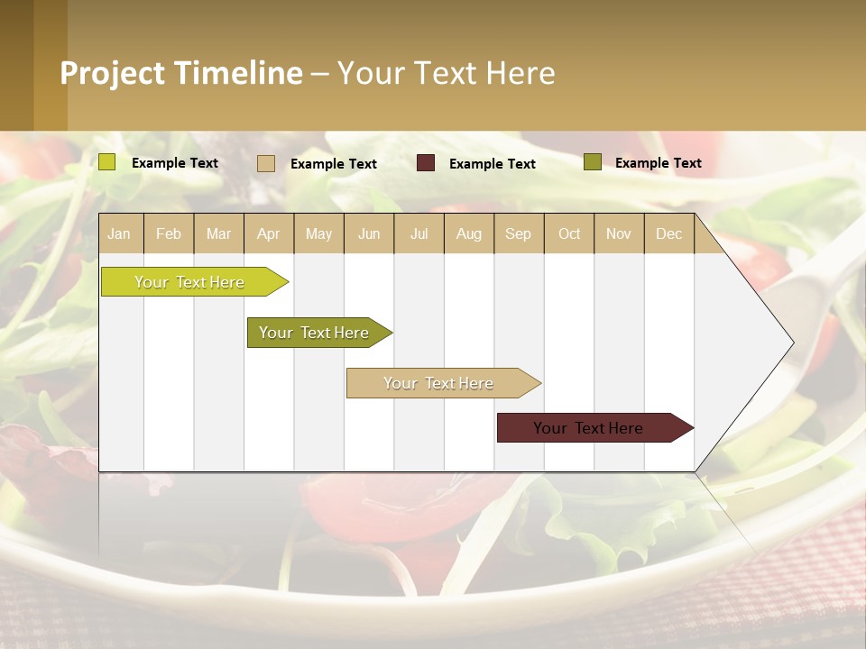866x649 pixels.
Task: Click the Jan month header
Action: pyautogui.click(x=120, y=233)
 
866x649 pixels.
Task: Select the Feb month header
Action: pyautogui.click(x=169, y=233)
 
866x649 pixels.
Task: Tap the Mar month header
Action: pyautogui.click(x=218, y=233)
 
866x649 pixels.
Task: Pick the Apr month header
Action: pyautogui.click(x=268, y=233)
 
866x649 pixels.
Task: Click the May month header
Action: pyautogui.click(x=318, y=233)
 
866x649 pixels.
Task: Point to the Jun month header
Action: pyautogui.click(x=369, y=233)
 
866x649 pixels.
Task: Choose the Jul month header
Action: pyautogui.click(x=419, y=233)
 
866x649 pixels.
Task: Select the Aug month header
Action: pyautogui.click(x=469, y=233)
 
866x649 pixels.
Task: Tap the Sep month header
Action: pyautogui.click(x=519, y=233)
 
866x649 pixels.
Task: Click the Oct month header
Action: pyautogui.click(x=569, y=233)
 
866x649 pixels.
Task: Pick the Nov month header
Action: pyautogui.click(x=619, y=233)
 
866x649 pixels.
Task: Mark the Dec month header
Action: pyautogui.click(x=668, y=233)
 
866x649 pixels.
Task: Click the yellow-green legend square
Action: pyautogui.click(x=107, y=162)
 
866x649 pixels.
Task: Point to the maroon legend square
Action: pyautogui.click(x=426, y=163)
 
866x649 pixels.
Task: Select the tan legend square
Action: pyautogui.click(x=266, y=163)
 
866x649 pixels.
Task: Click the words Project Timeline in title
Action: pyautogui.click(x=181, y=73)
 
